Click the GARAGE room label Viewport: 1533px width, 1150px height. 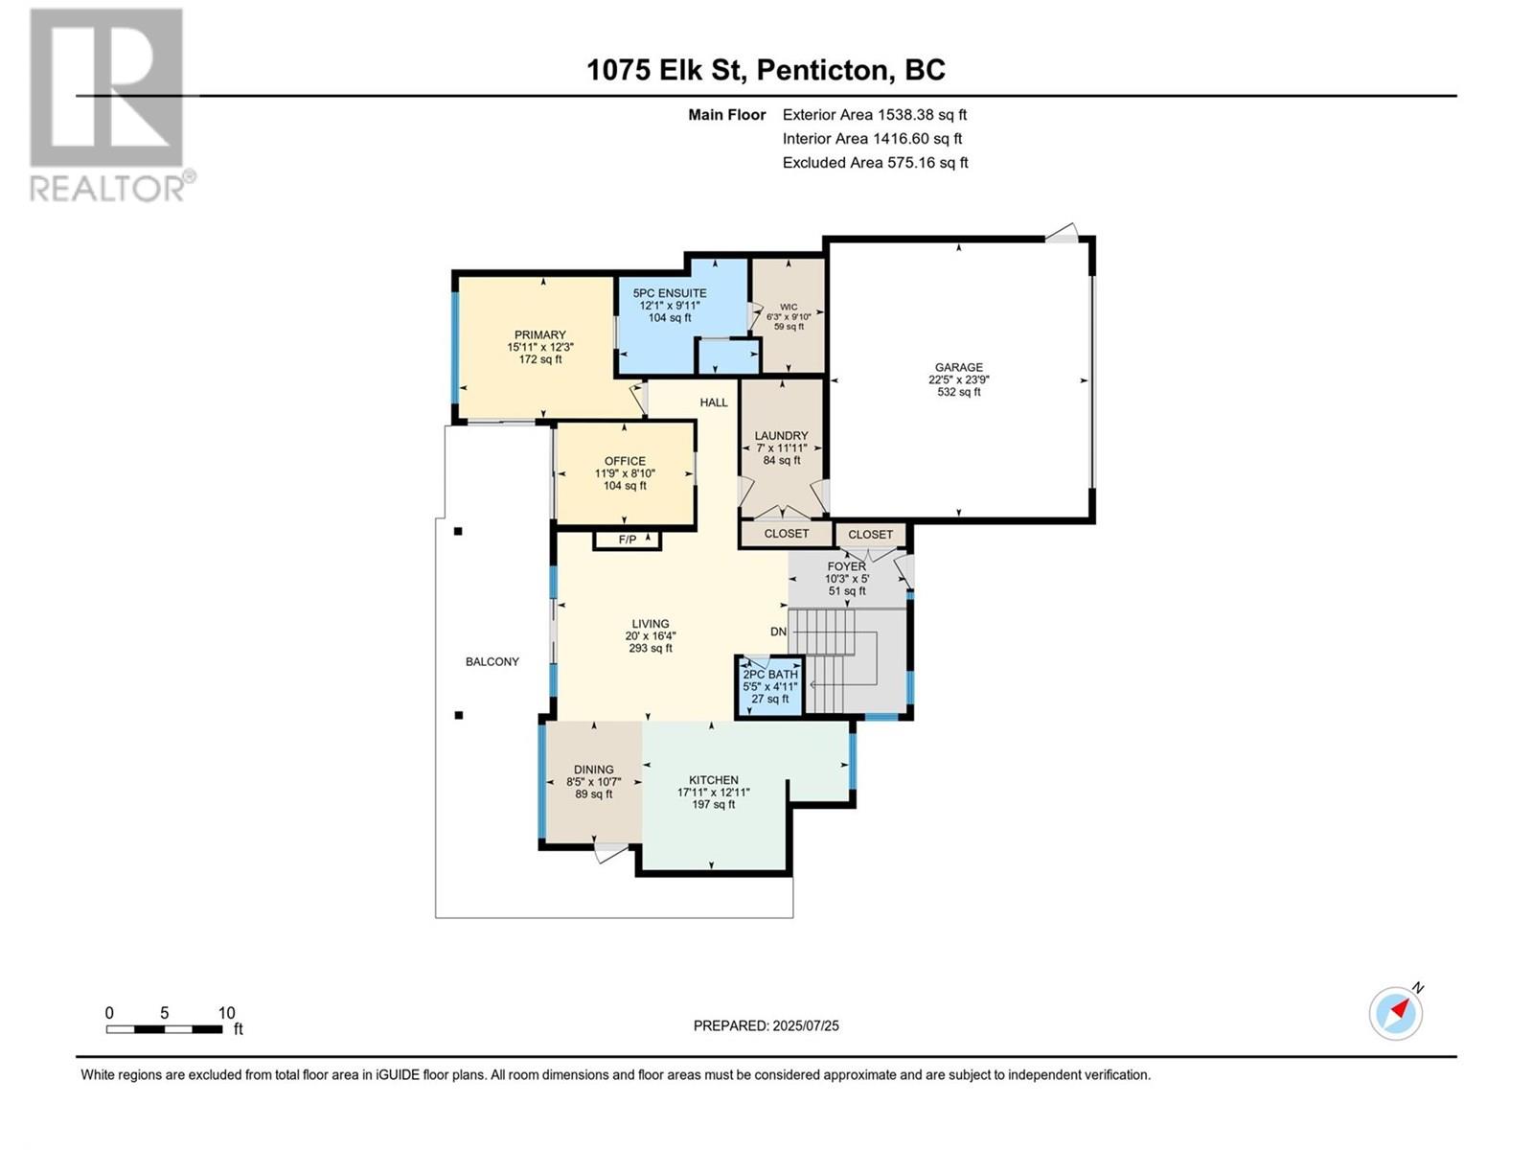click(x=958, y=367)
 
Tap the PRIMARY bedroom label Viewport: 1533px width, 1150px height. click(x=539, y=335)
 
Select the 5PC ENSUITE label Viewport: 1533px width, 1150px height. click(x=670, y=293)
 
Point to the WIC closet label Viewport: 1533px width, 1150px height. click(x=789, y=308)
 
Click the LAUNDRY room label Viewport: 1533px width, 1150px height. click(x=782, y=436)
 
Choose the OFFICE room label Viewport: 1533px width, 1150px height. click(x=625, y=462)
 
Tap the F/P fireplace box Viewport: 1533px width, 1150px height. click(x=628, y=540)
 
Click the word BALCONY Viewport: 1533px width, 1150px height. click(x=492, y=662)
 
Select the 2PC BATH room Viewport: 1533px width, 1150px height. click(x=769, y=687)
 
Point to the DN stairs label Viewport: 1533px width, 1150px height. click(x=778, y=632)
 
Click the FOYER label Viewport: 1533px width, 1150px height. click(x=846, y=567)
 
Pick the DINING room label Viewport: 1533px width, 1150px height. click(x=594, y=770)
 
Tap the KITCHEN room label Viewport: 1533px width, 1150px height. click(x=713, y=780)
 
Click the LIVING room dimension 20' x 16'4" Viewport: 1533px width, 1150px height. click(x=651, y=636)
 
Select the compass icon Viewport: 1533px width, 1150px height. click(x=1396, y=1013)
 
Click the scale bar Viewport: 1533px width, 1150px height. click(x=164, y=1029)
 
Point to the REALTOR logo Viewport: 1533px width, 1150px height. click(x=108, y=104)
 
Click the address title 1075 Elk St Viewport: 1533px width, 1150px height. click(x=666, y=70)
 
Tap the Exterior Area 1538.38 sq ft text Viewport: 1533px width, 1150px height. click(x=875, y=115)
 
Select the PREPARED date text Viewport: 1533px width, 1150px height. click(x=766, y=1025)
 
